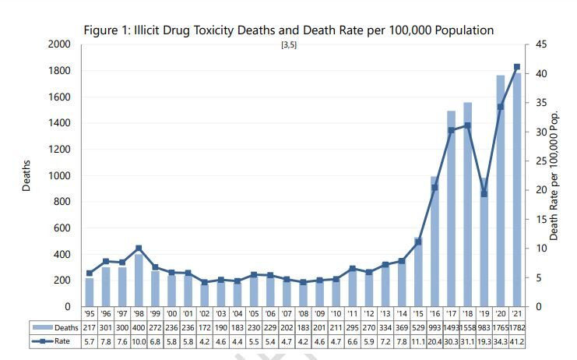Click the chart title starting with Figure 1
288,30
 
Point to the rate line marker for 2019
484,194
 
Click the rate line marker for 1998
139,249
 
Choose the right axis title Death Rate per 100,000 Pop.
554,175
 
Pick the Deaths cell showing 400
139,328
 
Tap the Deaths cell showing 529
417,328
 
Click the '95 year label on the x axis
90,314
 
